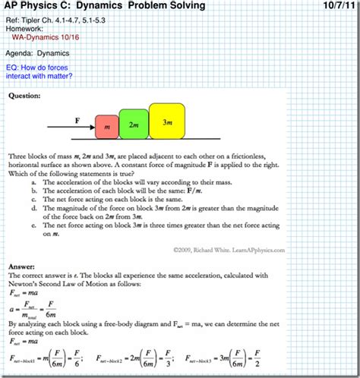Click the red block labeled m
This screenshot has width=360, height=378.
(106, 126)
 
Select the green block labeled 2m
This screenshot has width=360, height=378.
(134, 123)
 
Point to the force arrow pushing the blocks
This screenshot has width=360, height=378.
(72, 128)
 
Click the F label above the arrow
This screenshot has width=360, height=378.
(77, 120)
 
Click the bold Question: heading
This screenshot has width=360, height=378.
(25, 96)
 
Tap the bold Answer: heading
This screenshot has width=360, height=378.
(23, 267)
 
